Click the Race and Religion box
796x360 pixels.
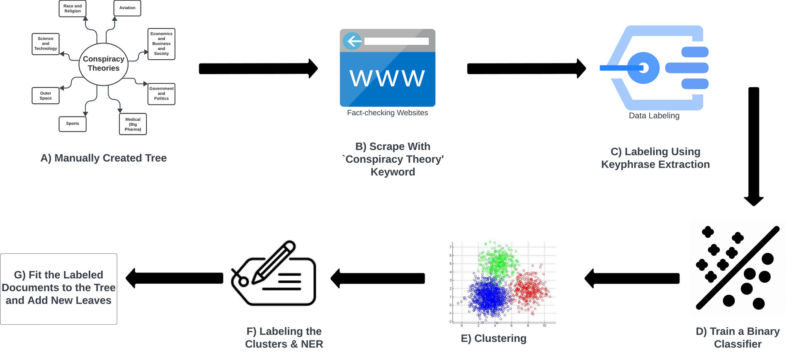coord(73,9)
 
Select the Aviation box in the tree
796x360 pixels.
coord(127,8)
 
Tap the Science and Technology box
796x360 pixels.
coord(46,44)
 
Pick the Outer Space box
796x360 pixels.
coord(46,96)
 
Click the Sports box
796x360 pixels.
coord(73,124)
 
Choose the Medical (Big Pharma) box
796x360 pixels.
coord(133,124)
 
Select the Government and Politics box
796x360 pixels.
coord(161,94)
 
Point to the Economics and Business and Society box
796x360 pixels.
coord(161,44)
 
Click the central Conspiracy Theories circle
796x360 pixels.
coord(104,64)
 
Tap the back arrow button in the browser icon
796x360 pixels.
coord(353,41)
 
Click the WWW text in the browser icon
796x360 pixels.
coord(387,78)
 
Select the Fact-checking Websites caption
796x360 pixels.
coord(387,113)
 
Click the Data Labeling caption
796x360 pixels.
coord(654,116)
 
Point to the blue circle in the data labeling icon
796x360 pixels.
coord(643,68)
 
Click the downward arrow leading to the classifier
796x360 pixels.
coord(754,145)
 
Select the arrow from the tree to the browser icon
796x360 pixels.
coord(258,68)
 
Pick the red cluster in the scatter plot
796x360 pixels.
coord(530,289)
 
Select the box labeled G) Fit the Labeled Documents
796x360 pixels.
coord(58,289)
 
